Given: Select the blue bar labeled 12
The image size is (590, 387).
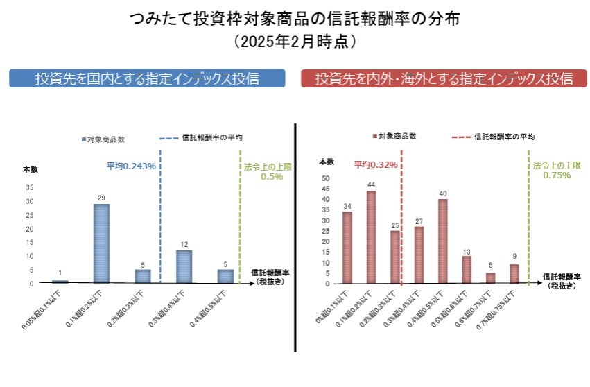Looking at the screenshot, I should pyautogui.click(x=184, y=266).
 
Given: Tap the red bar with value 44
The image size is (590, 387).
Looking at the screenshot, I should pyautogui.click(x=371, y=237).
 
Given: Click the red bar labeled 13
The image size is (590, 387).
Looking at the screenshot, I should pyautogui.click(x=467, y=270).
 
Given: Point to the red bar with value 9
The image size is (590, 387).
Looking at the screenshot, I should pyautogui.click(x=514, y=274).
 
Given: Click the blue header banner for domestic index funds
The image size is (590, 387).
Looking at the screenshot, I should pyautogui.click(x=147, y=78).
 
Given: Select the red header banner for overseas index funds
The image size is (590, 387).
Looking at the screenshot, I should pyautogui.click(x=444, y=78).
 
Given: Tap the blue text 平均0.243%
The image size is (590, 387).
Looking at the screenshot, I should pyautogui.click(x=130, y=166).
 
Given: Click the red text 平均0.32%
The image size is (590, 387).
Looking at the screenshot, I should pyautogui.click(x=376, y=165).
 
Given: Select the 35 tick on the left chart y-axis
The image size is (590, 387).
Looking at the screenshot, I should pyautogui.click(x=29, y=187).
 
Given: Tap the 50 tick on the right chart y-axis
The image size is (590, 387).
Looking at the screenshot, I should pyautogui.click(x=326, y=178).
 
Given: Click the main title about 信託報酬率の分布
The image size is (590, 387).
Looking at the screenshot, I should pyautogui.click(x=295, y=19).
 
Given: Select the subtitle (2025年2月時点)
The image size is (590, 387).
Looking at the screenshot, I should pyautogui.click(x=295, y=42).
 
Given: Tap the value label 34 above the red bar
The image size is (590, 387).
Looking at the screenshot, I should pyautogui.click(x=347, y=206).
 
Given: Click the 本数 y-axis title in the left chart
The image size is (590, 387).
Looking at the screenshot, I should pyautogui.click(x=31, y=170).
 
